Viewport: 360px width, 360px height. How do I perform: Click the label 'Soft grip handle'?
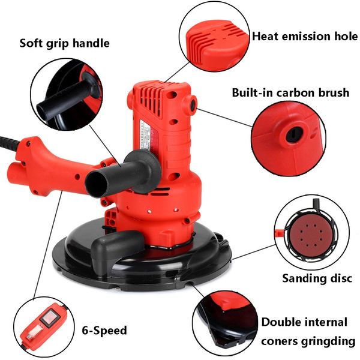pyautogui.click(x=65, y=43)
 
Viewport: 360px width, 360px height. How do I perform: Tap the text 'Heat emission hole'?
pyautogui.click(x=305, y=36)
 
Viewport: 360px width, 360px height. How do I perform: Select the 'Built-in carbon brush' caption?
pyautogui.click(x=290, y=92)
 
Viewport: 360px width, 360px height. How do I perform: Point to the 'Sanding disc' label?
pyautogui.click(x=317, y=278)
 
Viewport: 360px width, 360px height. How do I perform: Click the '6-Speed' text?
pyautogui.click(x=104, y=331)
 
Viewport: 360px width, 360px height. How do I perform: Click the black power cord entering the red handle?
pyautogui.click(x=9, y=143)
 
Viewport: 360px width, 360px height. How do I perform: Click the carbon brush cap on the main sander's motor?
pyautogui.click(x=191, y=104)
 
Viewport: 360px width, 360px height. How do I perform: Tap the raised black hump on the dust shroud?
pyautogui.click(x=118, y=245)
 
